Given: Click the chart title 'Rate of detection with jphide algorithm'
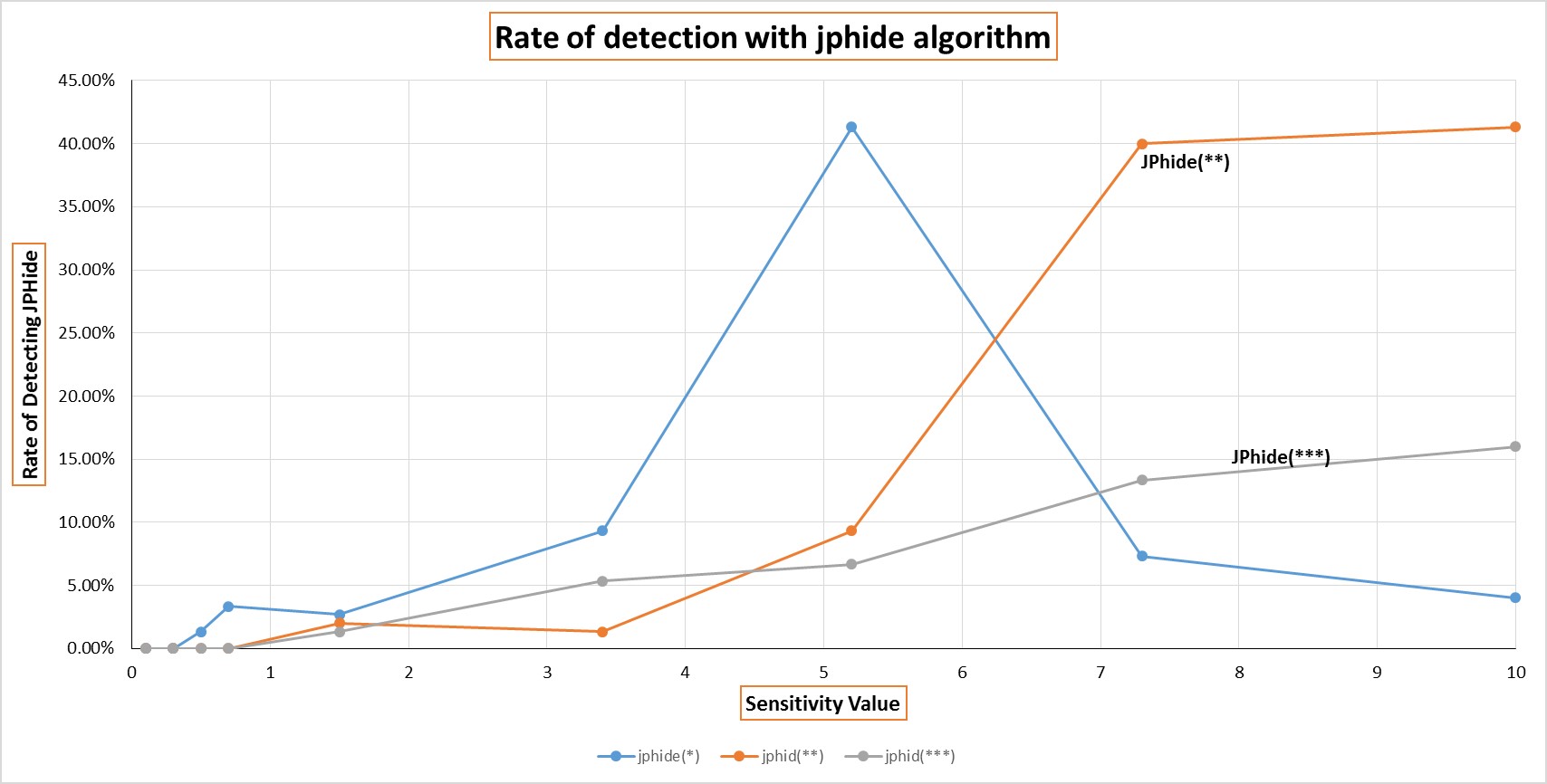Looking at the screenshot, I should [x=773, y=37].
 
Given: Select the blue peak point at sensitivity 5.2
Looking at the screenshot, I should [x=851, y=128].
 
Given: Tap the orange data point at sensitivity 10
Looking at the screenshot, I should [x=1515, y=128].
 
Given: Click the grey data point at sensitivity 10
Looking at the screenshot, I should [x=1515, y=446].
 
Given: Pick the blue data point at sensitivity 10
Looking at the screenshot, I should [x=1515, y=598].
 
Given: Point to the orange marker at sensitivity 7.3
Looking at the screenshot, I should [x=1142, y=144].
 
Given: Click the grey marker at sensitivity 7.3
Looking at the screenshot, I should [x=1142, y=480].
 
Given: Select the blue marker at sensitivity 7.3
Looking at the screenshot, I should [x=1142, y=556].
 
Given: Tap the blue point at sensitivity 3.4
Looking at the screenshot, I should [x=602, y=531].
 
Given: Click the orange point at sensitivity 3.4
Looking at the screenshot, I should [x=602, y=632].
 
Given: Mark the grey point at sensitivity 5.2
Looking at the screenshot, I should [x=851, y=564].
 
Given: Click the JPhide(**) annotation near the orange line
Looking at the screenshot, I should [x=1185, y=162].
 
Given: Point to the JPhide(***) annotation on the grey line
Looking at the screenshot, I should [x=1280, y=456].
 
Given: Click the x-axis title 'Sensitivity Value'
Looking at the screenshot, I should [x=822, y=703].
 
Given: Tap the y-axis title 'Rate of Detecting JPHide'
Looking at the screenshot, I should [x=30, y=364].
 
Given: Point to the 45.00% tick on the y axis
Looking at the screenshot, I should [x=87, y=81].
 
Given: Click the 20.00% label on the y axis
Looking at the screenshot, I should [x=87, y=396].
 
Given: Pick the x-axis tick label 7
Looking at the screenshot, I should [x=1100, y=672].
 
